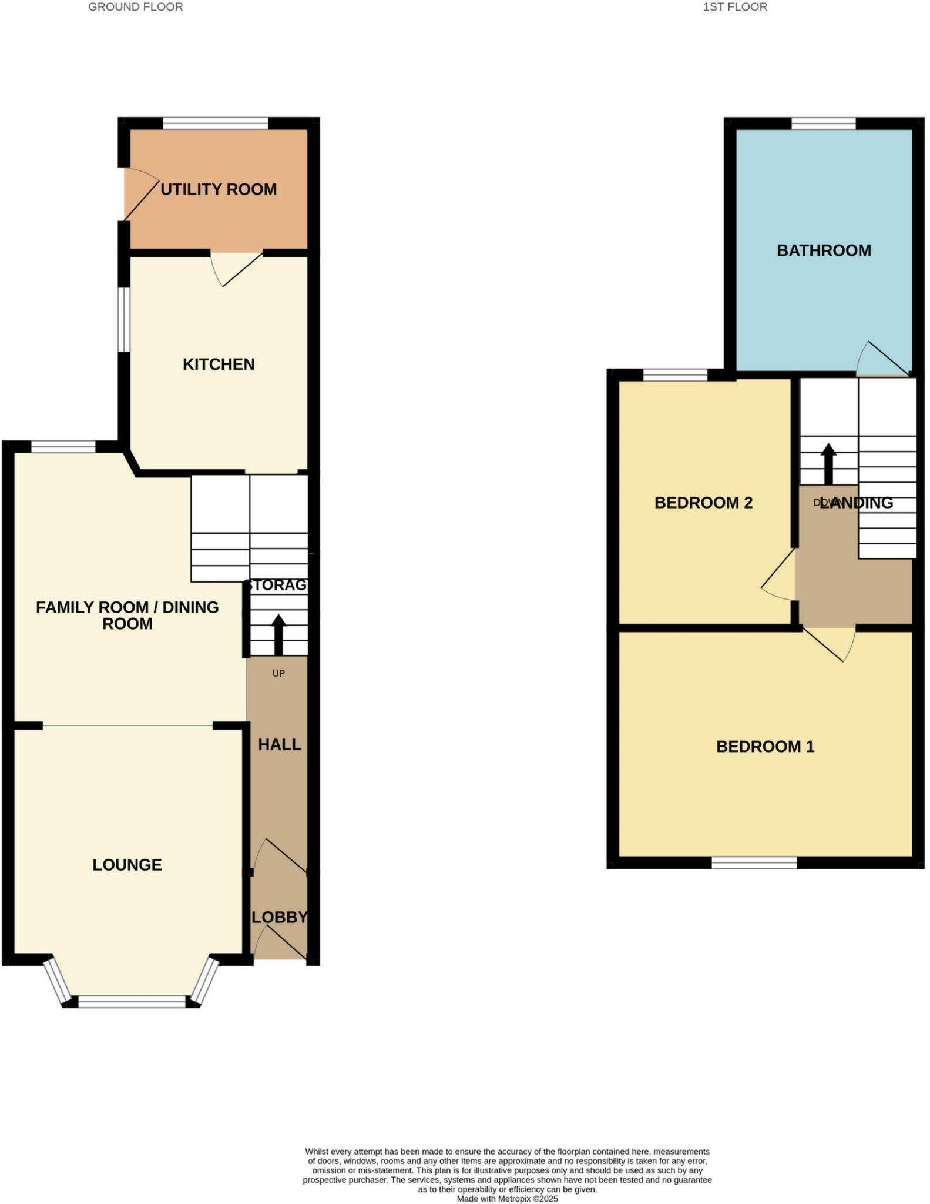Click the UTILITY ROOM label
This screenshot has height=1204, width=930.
tap(219, 189)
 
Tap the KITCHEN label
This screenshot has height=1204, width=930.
tap(219, 364)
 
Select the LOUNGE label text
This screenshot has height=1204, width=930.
tap(127, 865)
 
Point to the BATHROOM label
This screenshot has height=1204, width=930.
tap(824, 250)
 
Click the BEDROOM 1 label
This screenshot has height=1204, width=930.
tap(765, 747)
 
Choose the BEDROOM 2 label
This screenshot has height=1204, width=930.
tap(703, 503)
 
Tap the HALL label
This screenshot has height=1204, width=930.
tap(280, 745)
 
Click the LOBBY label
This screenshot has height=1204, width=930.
tap(280, 917)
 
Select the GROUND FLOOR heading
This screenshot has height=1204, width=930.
tap(135, 7)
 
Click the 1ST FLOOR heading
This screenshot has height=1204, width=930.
tap(735, 7)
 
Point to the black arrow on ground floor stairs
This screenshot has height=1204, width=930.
tap(278, 635)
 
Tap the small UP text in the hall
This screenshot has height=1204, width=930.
tap(278, 673)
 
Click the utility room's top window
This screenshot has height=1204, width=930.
tap(215, 123)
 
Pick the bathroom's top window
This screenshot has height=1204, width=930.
tap(823, 123)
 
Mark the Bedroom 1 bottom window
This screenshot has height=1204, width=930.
tap(754, 862)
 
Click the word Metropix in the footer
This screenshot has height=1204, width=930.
tap(514, 1199)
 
